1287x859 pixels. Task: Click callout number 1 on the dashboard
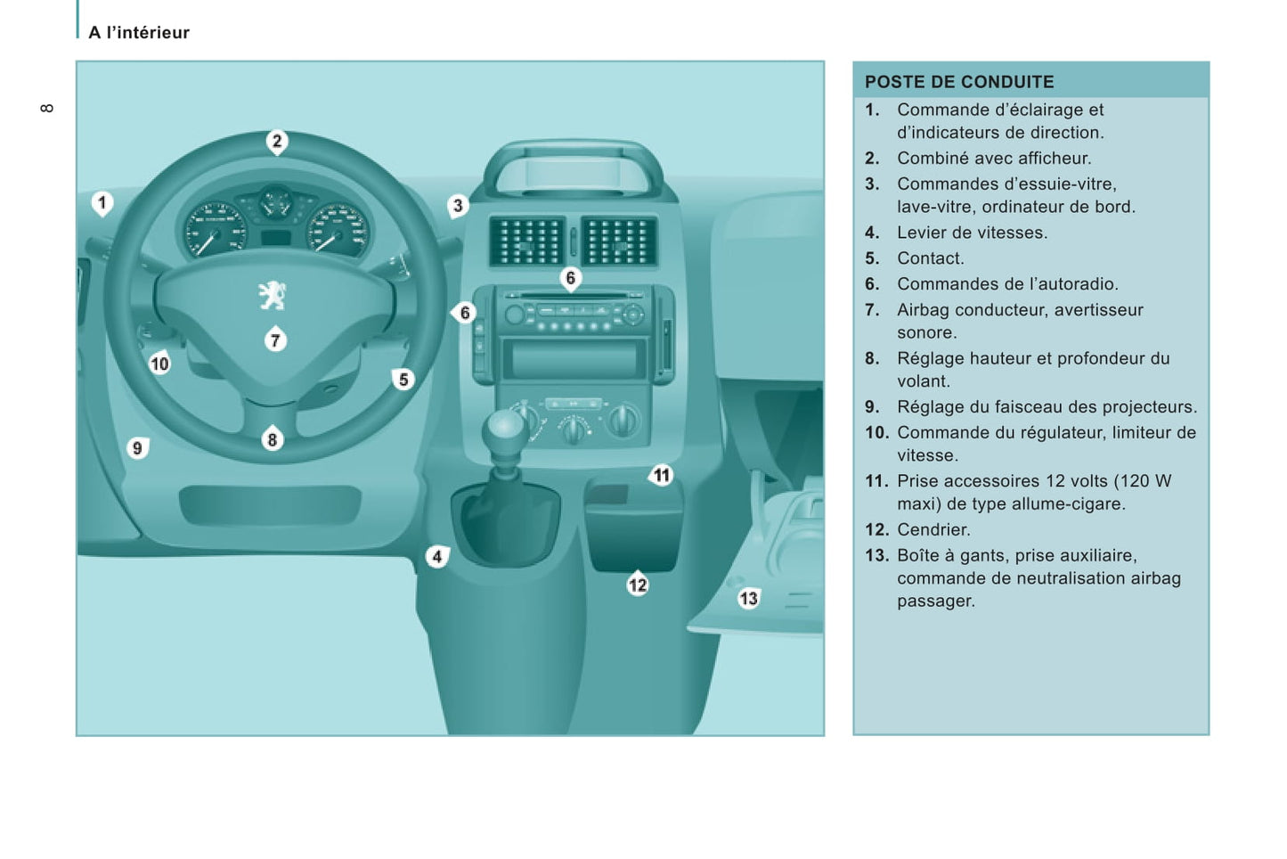[102, 203]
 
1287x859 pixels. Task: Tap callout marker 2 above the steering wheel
[277, 141]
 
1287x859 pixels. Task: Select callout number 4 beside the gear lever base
[436, 557]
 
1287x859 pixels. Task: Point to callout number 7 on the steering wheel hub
[275, 340]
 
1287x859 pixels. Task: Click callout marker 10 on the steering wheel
[159, 364]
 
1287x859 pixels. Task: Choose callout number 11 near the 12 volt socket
[661, 475]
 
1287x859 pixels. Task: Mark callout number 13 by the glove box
[748, 598]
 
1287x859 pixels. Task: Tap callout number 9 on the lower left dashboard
[137, 447]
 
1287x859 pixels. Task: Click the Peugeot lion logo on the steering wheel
[272, 295]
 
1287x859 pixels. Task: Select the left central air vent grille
[527, 241]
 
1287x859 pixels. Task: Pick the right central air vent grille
[618, 241]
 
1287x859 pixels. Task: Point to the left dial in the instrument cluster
[215, 229]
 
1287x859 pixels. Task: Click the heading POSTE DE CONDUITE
[959, 82]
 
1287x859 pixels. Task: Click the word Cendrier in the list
[933, 529]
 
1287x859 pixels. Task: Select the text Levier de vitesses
[972, 233]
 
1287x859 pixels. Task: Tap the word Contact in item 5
[930, 258]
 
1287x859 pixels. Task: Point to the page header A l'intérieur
[139, 33]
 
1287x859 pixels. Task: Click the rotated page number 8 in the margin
[47, 108]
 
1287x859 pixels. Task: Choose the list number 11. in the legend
[876, 481]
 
